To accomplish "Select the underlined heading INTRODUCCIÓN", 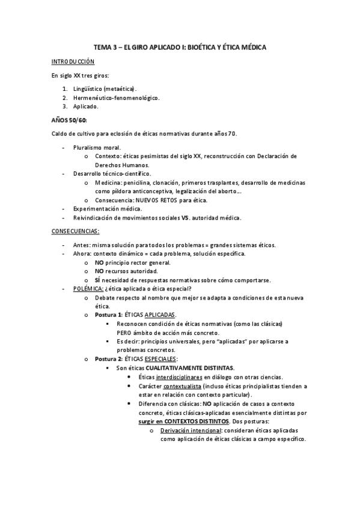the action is [x=72, y=61].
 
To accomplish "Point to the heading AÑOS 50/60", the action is [x=70, y=119].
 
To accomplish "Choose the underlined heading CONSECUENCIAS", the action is [x=75, y=231].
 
